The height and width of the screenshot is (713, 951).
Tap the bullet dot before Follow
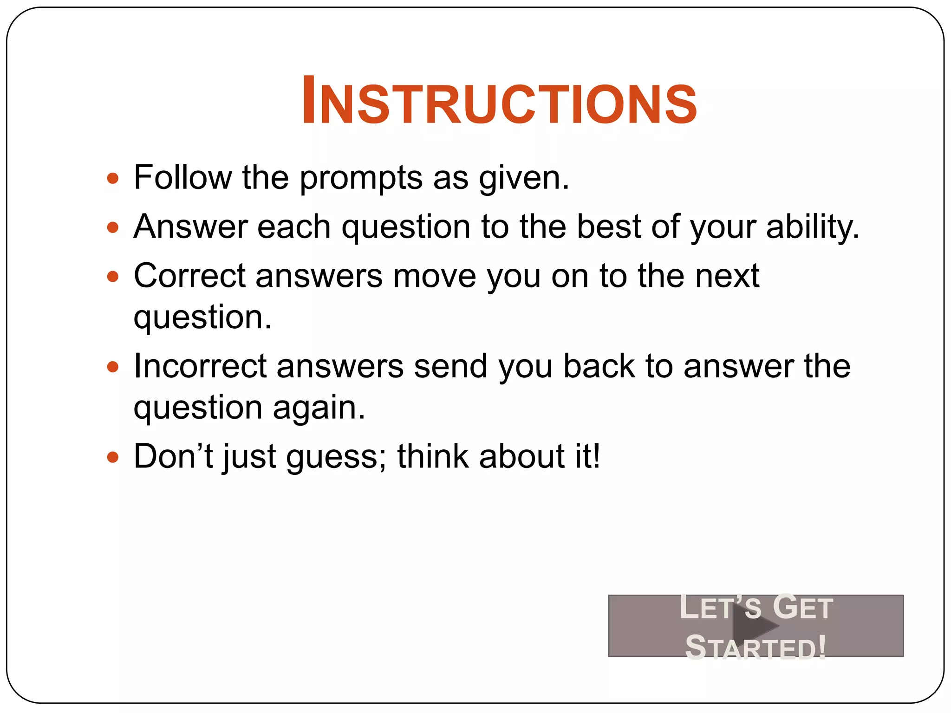click(113, 178)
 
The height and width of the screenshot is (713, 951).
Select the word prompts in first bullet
click(361, 178)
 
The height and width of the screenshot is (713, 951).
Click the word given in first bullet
click(523, 178)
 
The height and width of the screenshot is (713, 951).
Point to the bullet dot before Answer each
click(113, 227)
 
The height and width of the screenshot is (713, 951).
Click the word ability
click(812, 227)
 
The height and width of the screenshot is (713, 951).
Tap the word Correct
click(189, 276)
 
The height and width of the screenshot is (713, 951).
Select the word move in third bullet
click(435, 276)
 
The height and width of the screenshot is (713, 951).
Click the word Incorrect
click(200, 367)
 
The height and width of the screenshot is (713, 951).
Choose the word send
click(450, 367)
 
